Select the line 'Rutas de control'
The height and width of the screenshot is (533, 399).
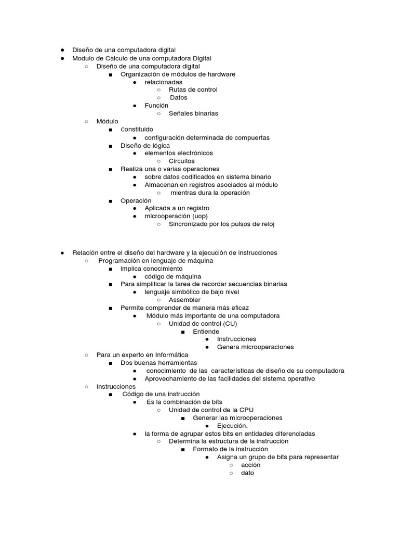click(x=193, y=90)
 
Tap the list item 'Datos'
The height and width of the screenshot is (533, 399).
click(x=178, y=97)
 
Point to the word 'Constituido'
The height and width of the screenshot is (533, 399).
click(x=137, y=129)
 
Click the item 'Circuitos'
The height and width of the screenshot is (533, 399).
click(x=181, y=161)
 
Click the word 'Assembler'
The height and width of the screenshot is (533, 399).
click(x=184, y=300)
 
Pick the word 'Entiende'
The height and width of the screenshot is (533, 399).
click(x=206, y=331)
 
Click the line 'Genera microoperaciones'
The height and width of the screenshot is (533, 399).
click(x=255, y=347)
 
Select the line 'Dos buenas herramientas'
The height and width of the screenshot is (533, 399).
click(x=158, y=362)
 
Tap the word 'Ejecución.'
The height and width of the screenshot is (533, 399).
click(x=232, y=425)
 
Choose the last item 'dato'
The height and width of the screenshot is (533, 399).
click(x=247, y=473)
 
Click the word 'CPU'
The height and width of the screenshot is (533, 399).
click(x=246, y=410)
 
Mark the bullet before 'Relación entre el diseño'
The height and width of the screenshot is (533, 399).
click(x=62, y=252)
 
